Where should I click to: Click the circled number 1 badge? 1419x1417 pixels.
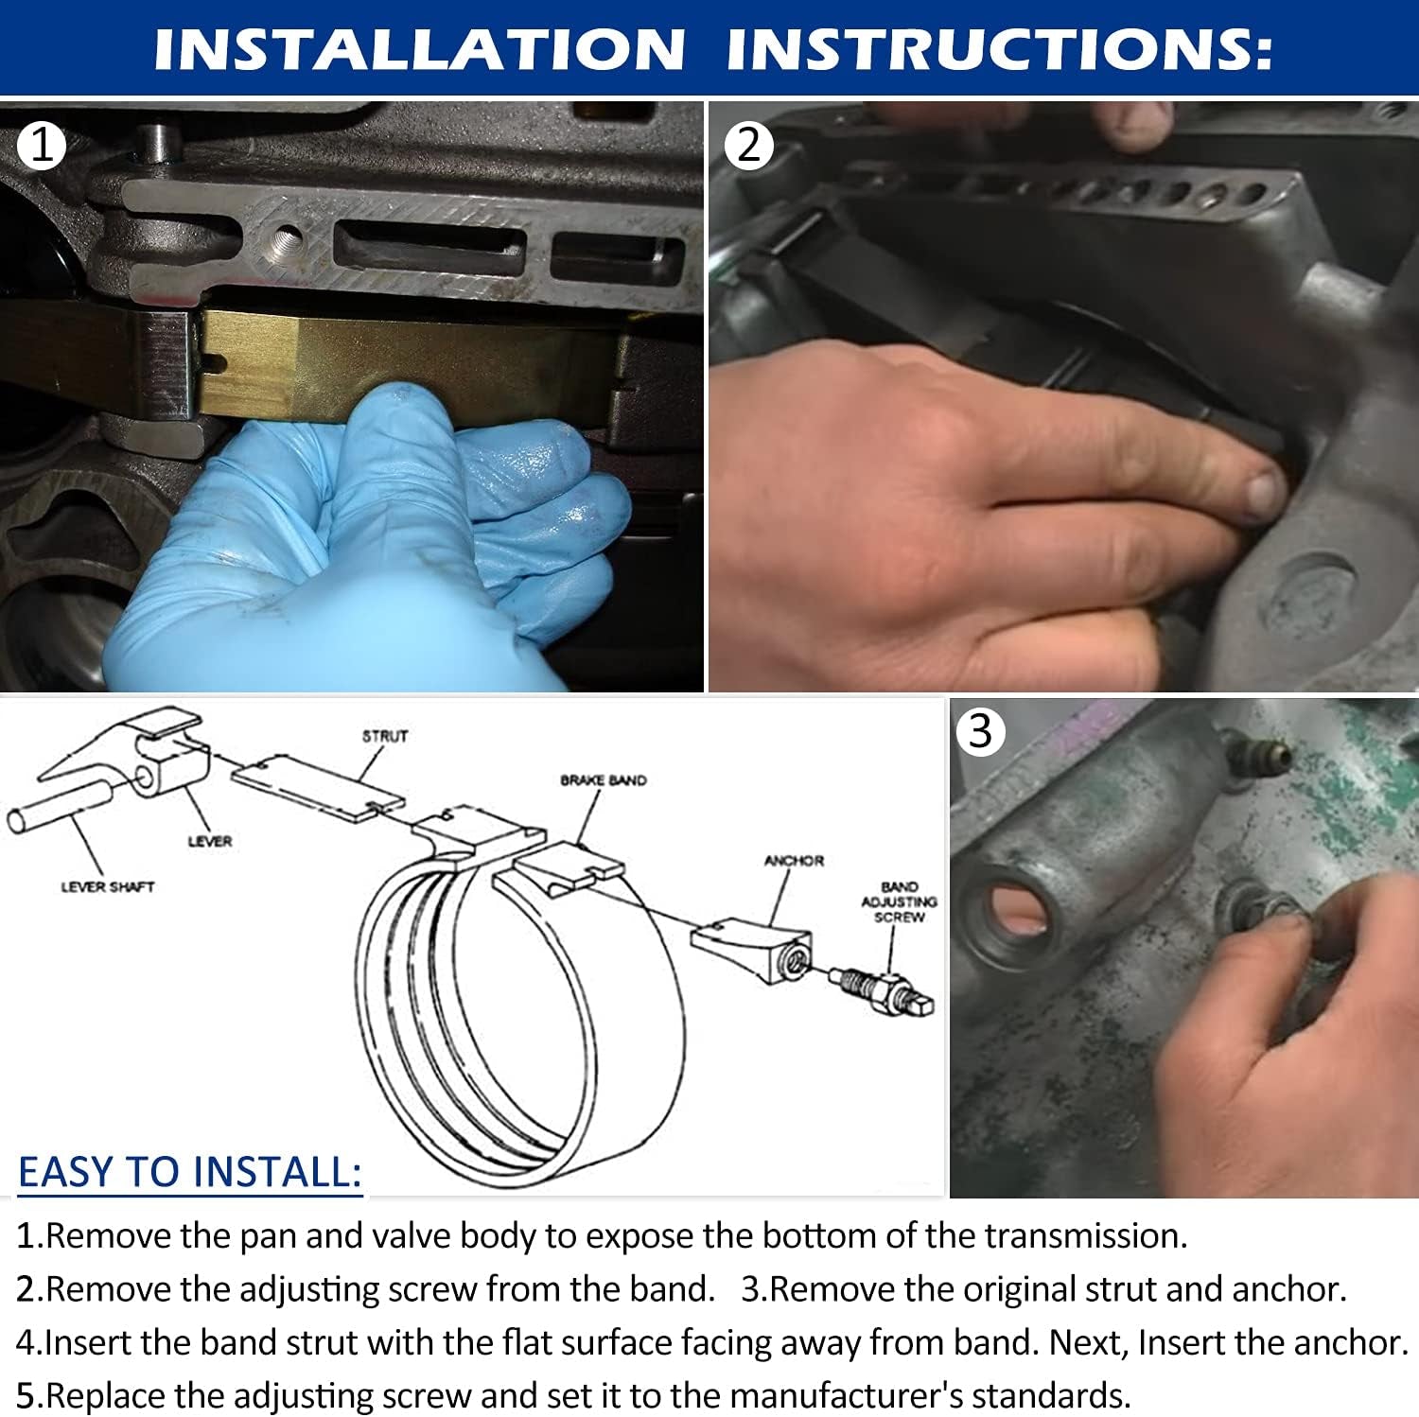[x=41, y=146]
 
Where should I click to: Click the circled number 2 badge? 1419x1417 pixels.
[x=748, y=146]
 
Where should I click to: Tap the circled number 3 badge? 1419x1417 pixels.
[x=980, y=731]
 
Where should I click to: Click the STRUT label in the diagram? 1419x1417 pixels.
[x=385, y=736]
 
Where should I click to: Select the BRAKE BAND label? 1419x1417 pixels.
[x=604, y=780]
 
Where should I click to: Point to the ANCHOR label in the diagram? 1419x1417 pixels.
[x=794, y=861]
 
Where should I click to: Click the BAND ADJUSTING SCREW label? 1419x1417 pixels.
[x=899, y=901]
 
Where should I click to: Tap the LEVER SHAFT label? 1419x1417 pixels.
[x=107, y=887]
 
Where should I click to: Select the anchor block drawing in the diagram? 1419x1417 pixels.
[x=750, y=949]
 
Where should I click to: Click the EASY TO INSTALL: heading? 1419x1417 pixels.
[x=190, y=1172]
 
